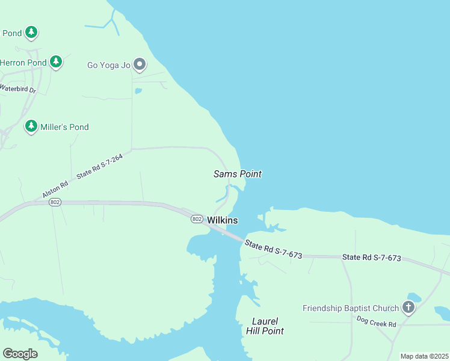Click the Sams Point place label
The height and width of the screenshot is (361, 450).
tap(238, 174)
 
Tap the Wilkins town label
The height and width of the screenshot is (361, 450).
tap(223, 221)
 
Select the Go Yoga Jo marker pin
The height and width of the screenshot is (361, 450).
tap(140, 64)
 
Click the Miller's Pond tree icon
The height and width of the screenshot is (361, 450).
tap(31, 126)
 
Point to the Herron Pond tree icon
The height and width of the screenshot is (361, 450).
tap(56, 61)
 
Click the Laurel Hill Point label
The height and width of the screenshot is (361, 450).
tap(265, 326)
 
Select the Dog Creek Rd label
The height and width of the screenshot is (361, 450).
tap(376, 322)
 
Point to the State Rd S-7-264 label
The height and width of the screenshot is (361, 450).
tap(99, 166)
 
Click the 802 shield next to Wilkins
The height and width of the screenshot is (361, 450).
tap(197, 219)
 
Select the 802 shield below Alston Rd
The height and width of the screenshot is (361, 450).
tap(55, 202)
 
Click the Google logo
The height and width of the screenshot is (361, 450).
tap(20, 354)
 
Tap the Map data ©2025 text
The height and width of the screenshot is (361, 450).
tap(424, 356)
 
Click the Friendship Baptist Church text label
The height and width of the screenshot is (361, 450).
tap(351, 308)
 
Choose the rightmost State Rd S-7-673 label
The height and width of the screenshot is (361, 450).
tap(371, 258)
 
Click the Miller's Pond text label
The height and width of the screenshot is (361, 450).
tap(64, 127)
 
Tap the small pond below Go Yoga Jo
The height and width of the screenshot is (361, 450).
tap(138, 91)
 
